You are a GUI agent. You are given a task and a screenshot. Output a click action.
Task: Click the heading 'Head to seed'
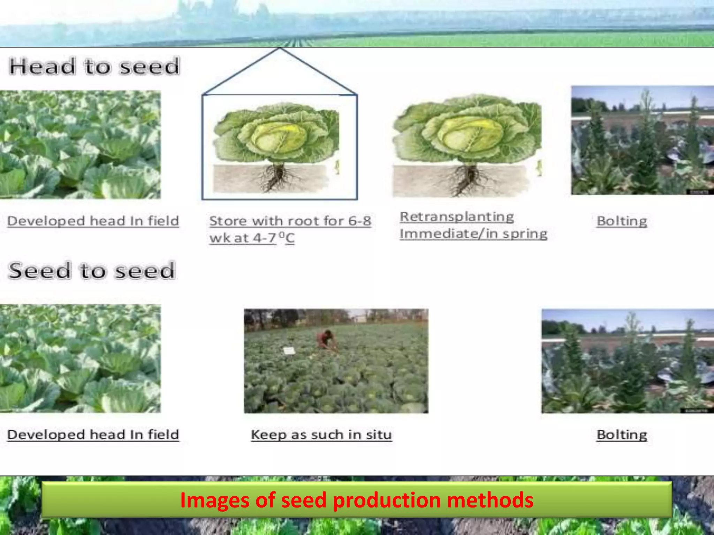[x=94, y=66]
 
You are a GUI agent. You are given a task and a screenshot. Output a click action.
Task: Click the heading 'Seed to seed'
[x=91, y=271]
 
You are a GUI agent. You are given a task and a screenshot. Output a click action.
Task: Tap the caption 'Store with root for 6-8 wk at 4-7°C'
[x=290, y=229]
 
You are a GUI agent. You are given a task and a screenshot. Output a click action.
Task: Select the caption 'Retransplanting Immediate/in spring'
[x=473, y=225]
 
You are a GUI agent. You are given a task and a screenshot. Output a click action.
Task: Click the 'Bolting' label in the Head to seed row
[x=622, y=221]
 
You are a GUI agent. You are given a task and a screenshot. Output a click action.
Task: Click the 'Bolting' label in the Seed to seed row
[x=622, y=435]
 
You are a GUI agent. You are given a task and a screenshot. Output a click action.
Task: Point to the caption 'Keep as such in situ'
[x=321, y=435]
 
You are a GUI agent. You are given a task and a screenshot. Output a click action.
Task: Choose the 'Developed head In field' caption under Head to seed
[x=93, y=221]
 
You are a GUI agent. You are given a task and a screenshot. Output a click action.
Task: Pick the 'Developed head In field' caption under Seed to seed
[x=93, y=435]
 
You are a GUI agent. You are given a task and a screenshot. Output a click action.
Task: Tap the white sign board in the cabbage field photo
[x=289, y=351]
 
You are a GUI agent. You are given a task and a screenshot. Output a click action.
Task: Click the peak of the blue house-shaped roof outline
[x=280, y=49]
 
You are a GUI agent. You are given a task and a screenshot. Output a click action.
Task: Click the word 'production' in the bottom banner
[x=387, y=500]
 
